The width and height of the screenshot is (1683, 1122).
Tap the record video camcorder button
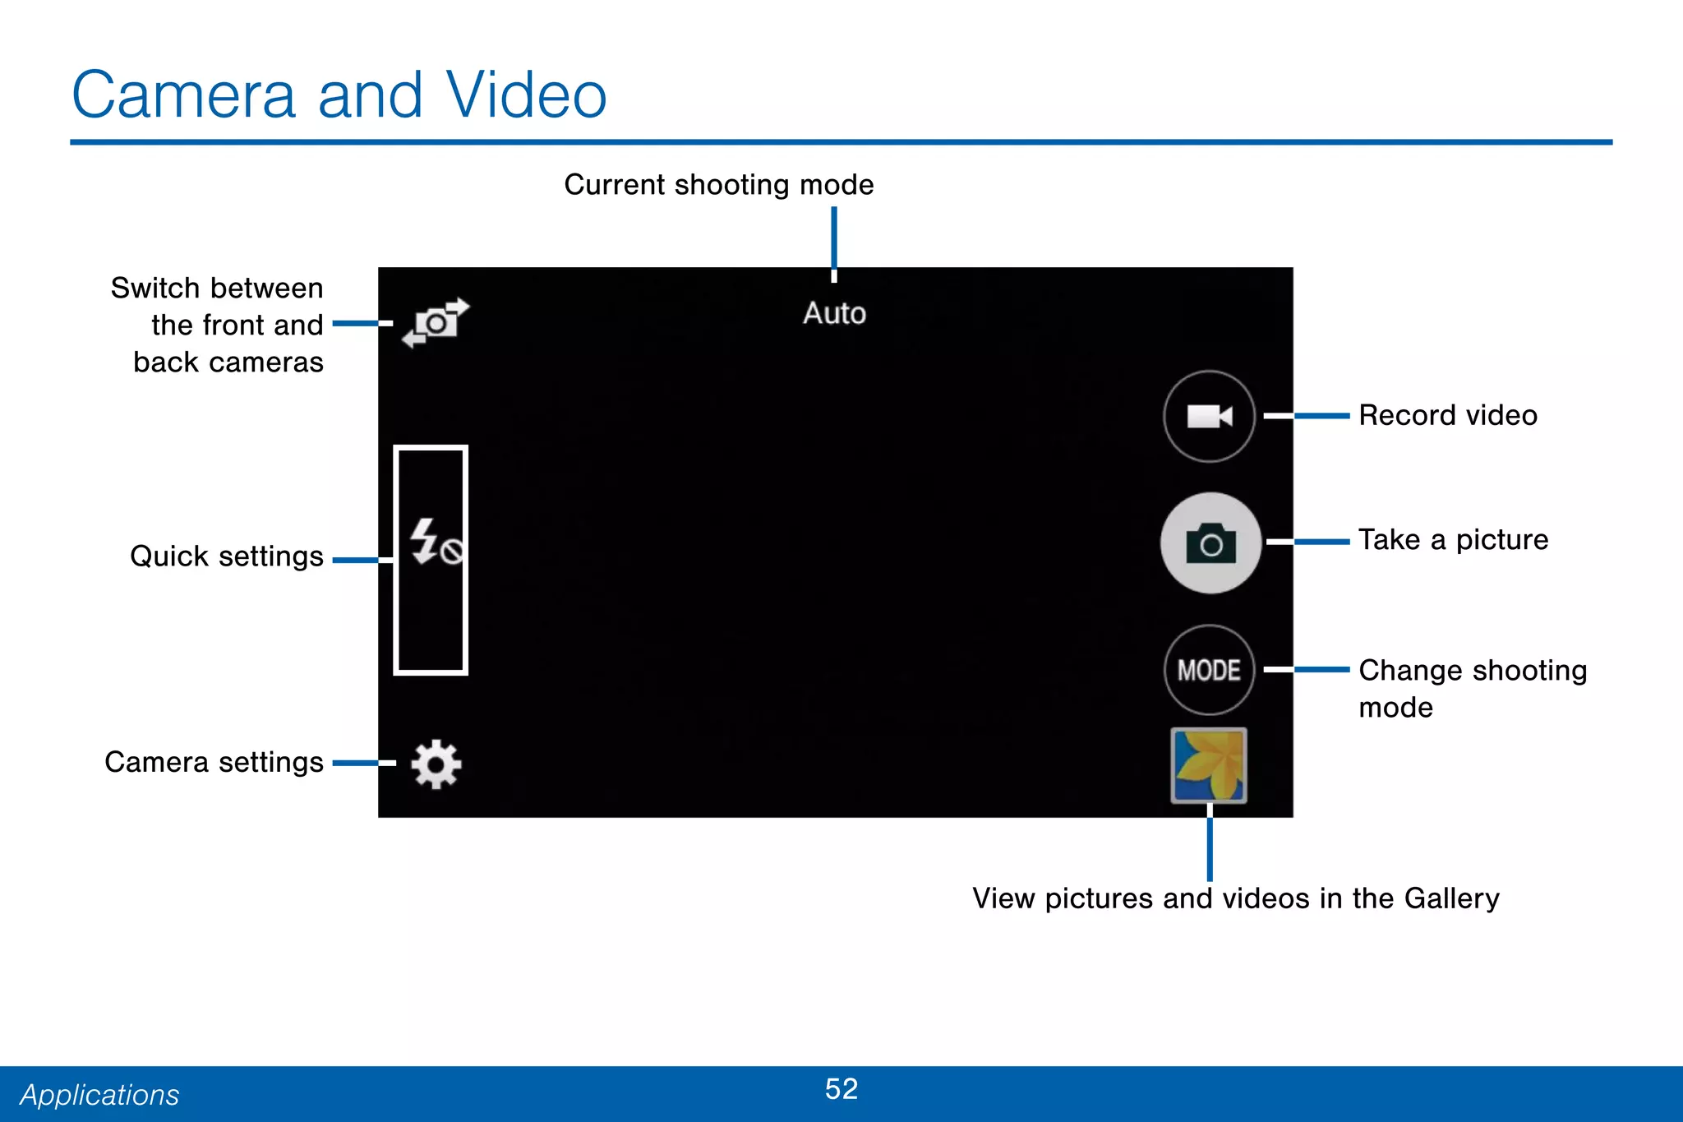[1209, 416]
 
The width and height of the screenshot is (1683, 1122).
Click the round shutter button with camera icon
[1210, 543]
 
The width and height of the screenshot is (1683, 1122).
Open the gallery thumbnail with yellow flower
[1209, 765]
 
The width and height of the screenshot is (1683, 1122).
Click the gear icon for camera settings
[436, 764]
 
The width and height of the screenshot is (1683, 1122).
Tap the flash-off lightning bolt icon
[435, 543]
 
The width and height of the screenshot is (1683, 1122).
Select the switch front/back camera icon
[436, 322]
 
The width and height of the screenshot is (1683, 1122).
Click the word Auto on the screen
[834, 313]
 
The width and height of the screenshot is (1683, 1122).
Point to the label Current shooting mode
[718, 185]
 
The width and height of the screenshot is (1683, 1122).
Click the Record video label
[1447, 415]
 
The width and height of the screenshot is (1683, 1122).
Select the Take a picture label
[1453, 540]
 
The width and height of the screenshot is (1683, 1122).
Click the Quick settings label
[227, 556]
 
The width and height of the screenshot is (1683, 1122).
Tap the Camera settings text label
[214, 762]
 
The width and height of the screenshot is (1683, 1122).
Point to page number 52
[841, 1089]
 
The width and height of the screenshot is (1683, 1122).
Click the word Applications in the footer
[99, 1095]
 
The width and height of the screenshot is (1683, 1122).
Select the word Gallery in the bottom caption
[1451, 898]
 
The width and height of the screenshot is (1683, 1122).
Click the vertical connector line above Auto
[834, 242]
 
